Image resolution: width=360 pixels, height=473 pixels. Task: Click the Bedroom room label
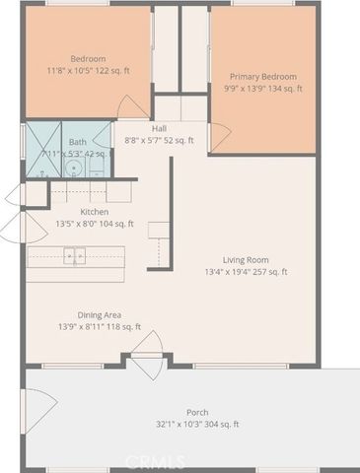[x=88, y=58]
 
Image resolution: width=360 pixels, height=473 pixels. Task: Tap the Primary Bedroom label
[x=262, y=76]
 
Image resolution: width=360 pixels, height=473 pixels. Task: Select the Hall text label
[x=159, y=129]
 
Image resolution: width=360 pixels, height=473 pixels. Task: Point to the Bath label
[x=76, y=143]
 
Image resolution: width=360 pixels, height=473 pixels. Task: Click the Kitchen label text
[x=95, y=212]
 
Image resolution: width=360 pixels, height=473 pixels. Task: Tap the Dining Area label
[x=100, y=315]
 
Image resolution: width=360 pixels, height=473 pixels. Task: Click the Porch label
[x=197, y=412]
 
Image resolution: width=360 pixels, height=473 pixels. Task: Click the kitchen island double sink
[x=75, y=257]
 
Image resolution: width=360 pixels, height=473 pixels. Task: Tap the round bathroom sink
[x=74, y=168]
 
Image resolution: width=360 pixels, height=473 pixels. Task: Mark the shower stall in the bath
[x=42, y=151]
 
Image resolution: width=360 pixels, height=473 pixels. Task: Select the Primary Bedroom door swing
[x=220, y=134]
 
